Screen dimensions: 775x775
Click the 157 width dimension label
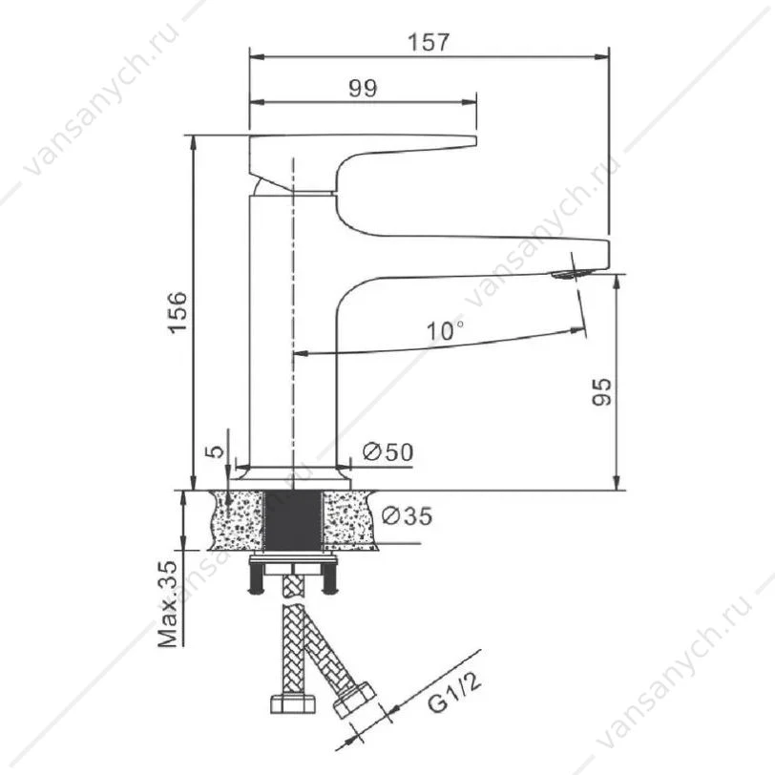pyautogui.click(x=428, y=42)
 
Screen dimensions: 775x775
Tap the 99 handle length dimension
pyautogui.click(x=363, y=88)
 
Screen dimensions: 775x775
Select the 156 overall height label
pyautogui.click(x=178, y=312)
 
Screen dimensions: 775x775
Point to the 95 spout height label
pyautogui.click(x=601, y=392)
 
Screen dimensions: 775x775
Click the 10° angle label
pyautogui.click(x=445, y=329)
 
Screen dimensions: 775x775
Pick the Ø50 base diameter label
pyautogui.click(x=388, y=451)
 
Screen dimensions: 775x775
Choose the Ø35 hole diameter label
pyautogui.click(x=408, y=515)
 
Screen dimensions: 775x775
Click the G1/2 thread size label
pyautogui.click(x=454, y=688)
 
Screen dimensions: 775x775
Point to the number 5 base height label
pyautogui.click(x=215, y=451)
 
